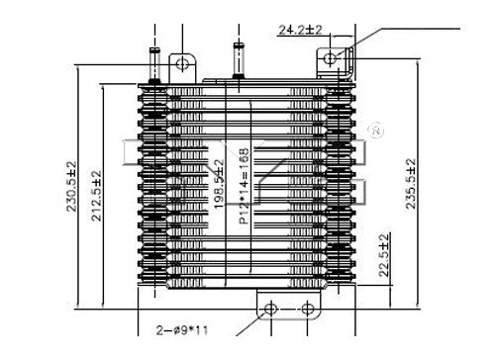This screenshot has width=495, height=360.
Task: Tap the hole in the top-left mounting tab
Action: click(183, 65)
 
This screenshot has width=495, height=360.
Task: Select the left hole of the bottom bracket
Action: click(268, 308)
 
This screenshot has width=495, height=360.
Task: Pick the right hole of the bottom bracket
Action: click(308, 308)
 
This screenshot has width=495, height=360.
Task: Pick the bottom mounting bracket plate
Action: click(288, 308)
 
